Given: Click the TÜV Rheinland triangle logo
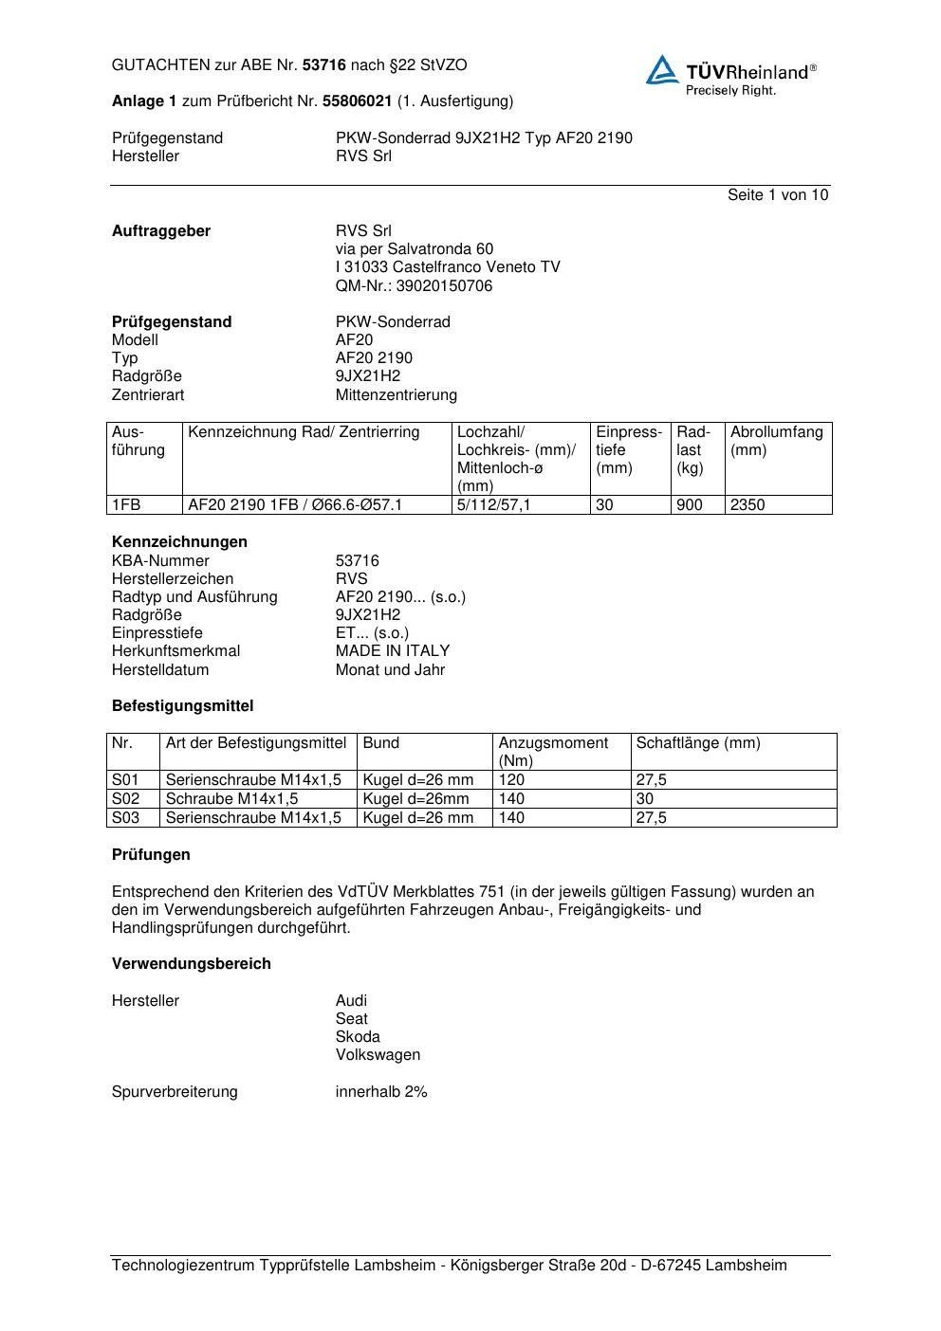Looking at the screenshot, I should [x=662, y=70].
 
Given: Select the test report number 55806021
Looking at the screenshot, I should [x=358, y=101].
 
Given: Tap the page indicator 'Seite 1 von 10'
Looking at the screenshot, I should [x=777, y=195].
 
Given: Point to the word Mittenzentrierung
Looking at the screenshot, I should [x=396, y=395].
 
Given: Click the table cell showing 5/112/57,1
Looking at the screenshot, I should [x=493, y=505].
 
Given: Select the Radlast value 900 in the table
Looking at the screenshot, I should [x=690, y=505].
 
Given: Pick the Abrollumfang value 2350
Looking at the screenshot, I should [x=747, y=505].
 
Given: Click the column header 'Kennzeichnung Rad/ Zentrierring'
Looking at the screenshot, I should [x=304, y=433].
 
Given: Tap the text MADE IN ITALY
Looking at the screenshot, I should [x=392, y=651].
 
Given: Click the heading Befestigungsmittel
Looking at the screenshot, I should [x=182, y=706].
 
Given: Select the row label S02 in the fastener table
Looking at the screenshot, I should [x=125, y=799].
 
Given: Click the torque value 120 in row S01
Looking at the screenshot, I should [x=511, y=780].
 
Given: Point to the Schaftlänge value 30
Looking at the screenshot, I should [x=645, y=799].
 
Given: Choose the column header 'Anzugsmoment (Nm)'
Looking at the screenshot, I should [x=553, y=752].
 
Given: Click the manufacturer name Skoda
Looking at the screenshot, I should [x=358, y=1037].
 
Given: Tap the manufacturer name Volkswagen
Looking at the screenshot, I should [x=378, y=1055].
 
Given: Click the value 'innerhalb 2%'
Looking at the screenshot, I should [x=381, y=1092].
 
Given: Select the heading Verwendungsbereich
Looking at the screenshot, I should [x=191, y=964].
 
